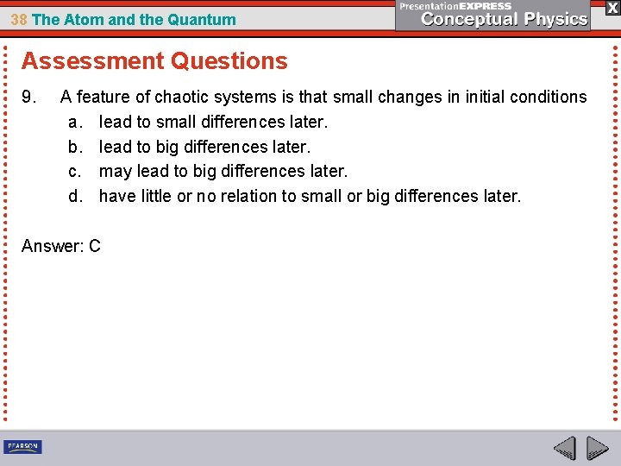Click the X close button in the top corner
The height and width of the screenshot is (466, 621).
(612, 7)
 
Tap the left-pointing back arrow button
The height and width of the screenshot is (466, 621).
(565, 449)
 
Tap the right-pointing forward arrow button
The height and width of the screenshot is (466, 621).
(597, 449)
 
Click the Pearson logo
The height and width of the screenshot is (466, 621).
(22, 447)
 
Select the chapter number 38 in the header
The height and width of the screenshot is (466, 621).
(19, 19)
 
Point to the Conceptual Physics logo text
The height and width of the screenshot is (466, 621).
(505, 19)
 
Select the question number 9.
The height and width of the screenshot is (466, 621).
(28, 98)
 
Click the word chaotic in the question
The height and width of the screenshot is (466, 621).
(204, 98)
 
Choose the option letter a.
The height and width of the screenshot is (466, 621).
(74, 123)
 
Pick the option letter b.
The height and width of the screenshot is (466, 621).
(74, 148)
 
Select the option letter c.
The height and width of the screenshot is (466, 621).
(74, 172)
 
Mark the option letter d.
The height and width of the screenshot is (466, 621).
(74, 197)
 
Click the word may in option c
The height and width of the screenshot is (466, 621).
(115, 172)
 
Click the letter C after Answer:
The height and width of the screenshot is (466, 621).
(94, 246)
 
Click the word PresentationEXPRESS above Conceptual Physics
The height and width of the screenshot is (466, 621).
(455, 6)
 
